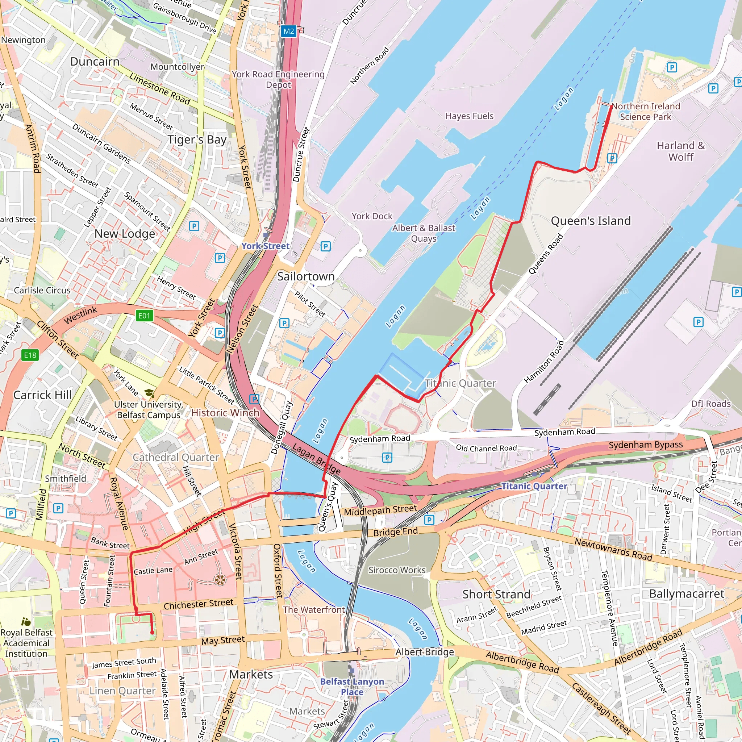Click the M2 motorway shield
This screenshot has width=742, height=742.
[288, 31]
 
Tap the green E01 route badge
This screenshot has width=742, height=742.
[145, 316]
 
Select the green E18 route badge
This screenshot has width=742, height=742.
[30, 355]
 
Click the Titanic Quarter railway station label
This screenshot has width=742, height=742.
[534, 486]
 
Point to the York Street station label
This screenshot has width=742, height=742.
[265, 246]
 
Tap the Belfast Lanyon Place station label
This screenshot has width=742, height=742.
[352, 686]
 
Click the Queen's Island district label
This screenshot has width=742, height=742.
[591, 221]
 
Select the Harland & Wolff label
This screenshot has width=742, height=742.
[680, 151]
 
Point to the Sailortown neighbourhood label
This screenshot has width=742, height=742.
[306, 276]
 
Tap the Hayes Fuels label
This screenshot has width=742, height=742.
[469, 116]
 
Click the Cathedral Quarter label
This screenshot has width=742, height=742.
[175, 458]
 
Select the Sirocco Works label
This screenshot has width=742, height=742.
[397, 570]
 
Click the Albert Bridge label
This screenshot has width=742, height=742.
[424, 652]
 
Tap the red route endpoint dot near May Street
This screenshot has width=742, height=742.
[152, 633]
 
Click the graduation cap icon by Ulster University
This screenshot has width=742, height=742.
[149, 393]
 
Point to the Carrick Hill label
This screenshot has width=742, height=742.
[42, 395]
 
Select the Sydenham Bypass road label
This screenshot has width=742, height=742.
[646, 445]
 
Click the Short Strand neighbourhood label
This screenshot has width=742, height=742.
[496, 595]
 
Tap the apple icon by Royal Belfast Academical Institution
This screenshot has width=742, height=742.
[26, 622]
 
